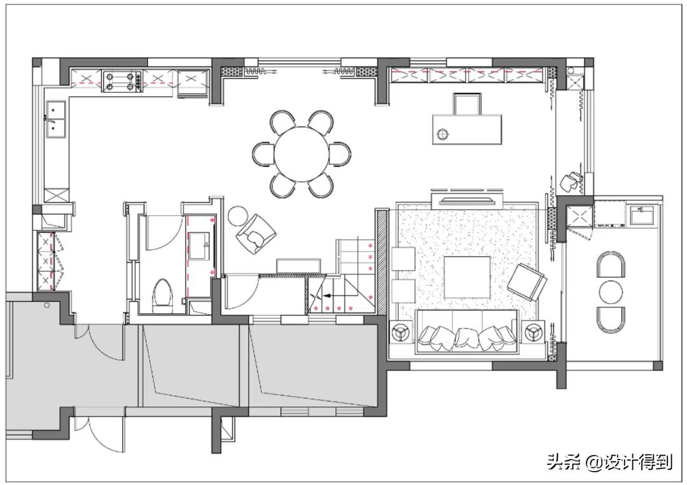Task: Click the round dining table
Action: coord(302,154)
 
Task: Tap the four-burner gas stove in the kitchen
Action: coord(122,81)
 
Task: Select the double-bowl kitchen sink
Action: coord(56,119)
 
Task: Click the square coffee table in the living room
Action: coord(467,277)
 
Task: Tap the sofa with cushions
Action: coord(467,332)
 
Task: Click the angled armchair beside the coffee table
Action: coord(527,283)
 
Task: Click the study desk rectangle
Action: coord(467,129)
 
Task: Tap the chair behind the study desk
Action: coord(467,104)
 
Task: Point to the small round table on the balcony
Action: coord(611,292)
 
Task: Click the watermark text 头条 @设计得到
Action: coord(609,461)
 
